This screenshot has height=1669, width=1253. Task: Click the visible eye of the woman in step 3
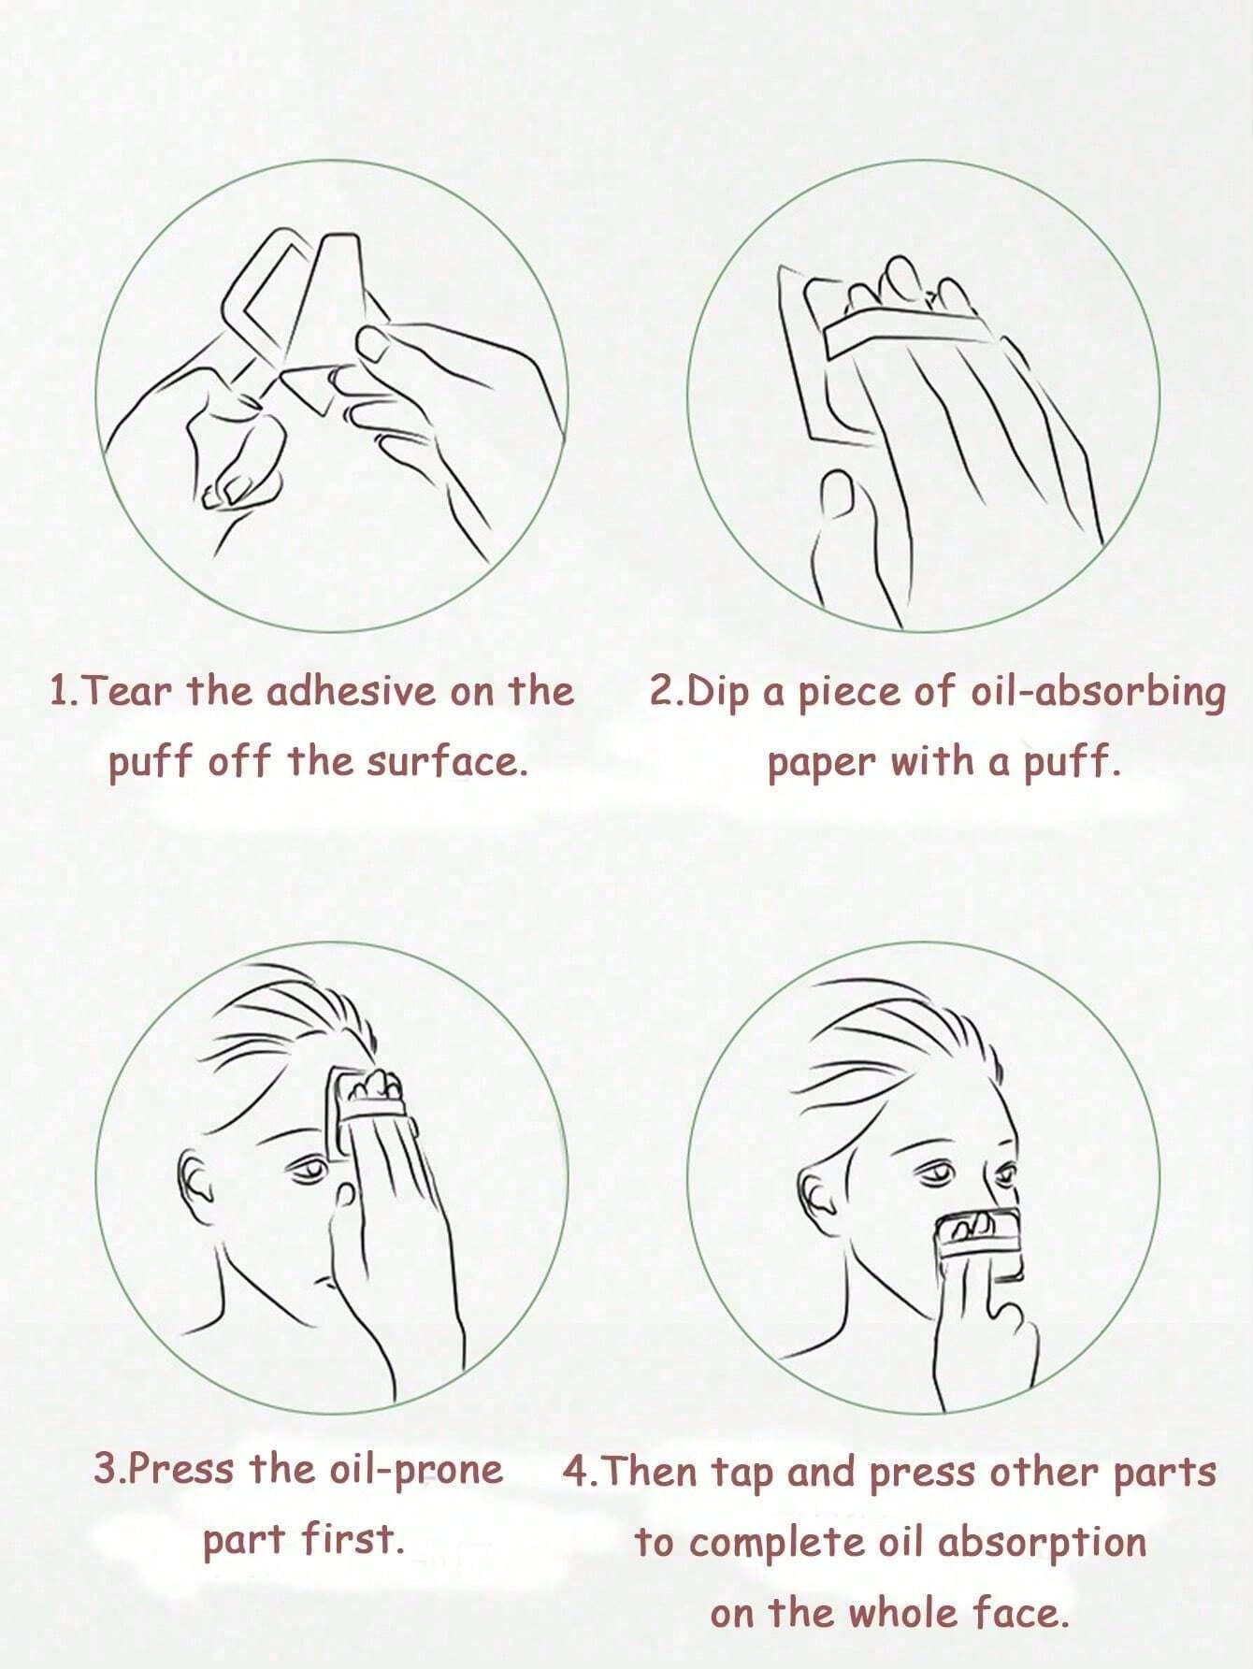tap(308, 1168)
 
